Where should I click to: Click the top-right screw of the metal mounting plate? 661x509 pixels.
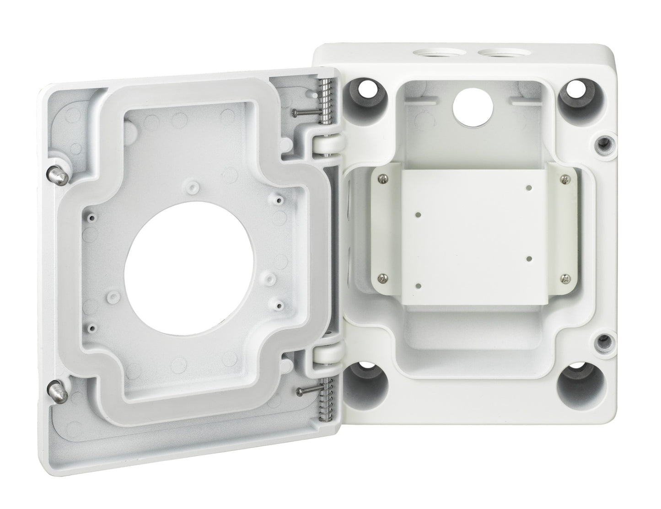[566, 180]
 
